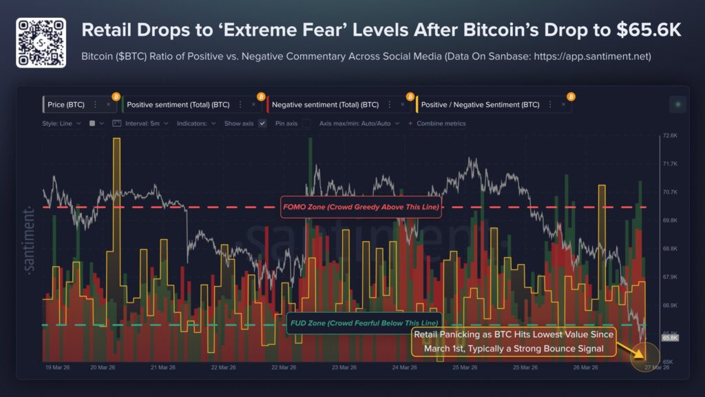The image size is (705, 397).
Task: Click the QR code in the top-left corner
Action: click(41, 43)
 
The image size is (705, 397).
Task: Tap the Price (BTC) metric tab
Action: click(67, 105)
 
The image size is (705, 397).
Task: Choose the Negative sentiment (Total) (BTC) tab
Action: click(325, 105)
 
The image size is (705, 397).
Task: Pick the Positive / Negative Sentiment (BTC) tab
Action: click(480, 105)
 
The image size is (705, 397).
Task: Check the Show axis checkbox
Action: click(262, 123)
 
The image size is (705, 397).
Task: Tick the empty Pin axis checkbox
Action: click(306, 123)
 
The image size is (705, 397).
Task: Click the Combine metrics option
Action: click(437, 123)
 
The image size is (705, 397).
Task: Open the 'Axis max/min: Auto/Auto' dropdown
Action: click(359, 123)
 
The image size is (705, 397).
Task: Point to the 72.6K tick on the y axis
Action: click(670, 136)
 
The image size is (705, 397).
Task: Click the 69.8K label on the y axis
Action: click(670, 221)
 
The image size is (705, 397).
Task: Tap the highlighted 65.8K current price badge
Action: click(670, 338)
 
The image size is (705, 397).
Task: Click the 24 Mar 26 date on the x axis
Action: click(404, 367)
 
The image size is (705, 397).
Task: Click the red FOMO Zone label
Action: click(361, 207)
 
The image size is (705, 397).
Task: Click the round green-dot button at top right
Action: click(678, 105)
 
